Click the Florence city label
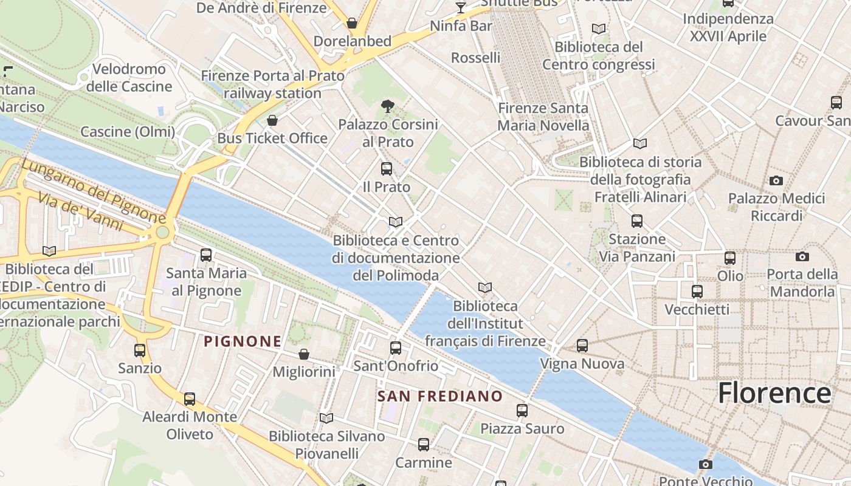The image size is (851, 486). (x=774, y=393)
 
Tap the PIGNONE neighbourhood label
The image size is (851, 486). (x=243, y=341)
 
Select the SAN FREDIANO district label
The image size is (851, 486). (x=440, y=397)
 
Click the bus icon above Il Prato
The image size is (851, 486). (x=387, y=169)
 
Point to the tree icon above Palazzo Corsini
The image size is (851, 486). (x=387, y=106)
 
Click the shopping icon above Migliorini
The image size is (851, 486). (x=304, y=354)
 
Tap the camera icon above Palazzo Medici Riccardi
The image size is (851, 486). (x=776, y=180)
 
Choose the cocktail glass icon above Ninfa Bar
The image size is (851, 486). (x=461, y=8)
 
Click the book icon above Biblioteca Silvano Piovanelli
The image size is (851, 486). (x=326, y=418)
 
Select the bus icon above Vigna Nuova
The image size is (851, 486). (x=582, y=346)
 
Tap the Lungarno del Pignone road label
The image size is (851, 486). (x=94, y=191)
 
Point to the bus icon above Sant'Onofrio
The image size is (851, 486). (x=396, y=348)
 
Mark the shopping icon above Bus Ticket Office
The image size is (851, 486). (x=272, y=120)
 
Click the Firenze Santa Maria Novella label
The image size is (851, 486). (x=543, y=117)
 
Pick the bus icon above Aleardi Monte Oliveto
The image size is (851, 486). (x=190, y=399)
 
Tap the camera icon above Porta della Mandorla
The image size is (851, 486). (x=802, y=256)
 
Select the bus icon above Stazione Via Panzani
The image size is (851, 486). (x=637, y=221)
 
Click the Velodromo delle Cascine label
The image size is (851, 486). (x=129, y=78)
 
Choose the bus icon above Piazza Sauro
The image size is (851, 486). (x=522, y=411)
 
